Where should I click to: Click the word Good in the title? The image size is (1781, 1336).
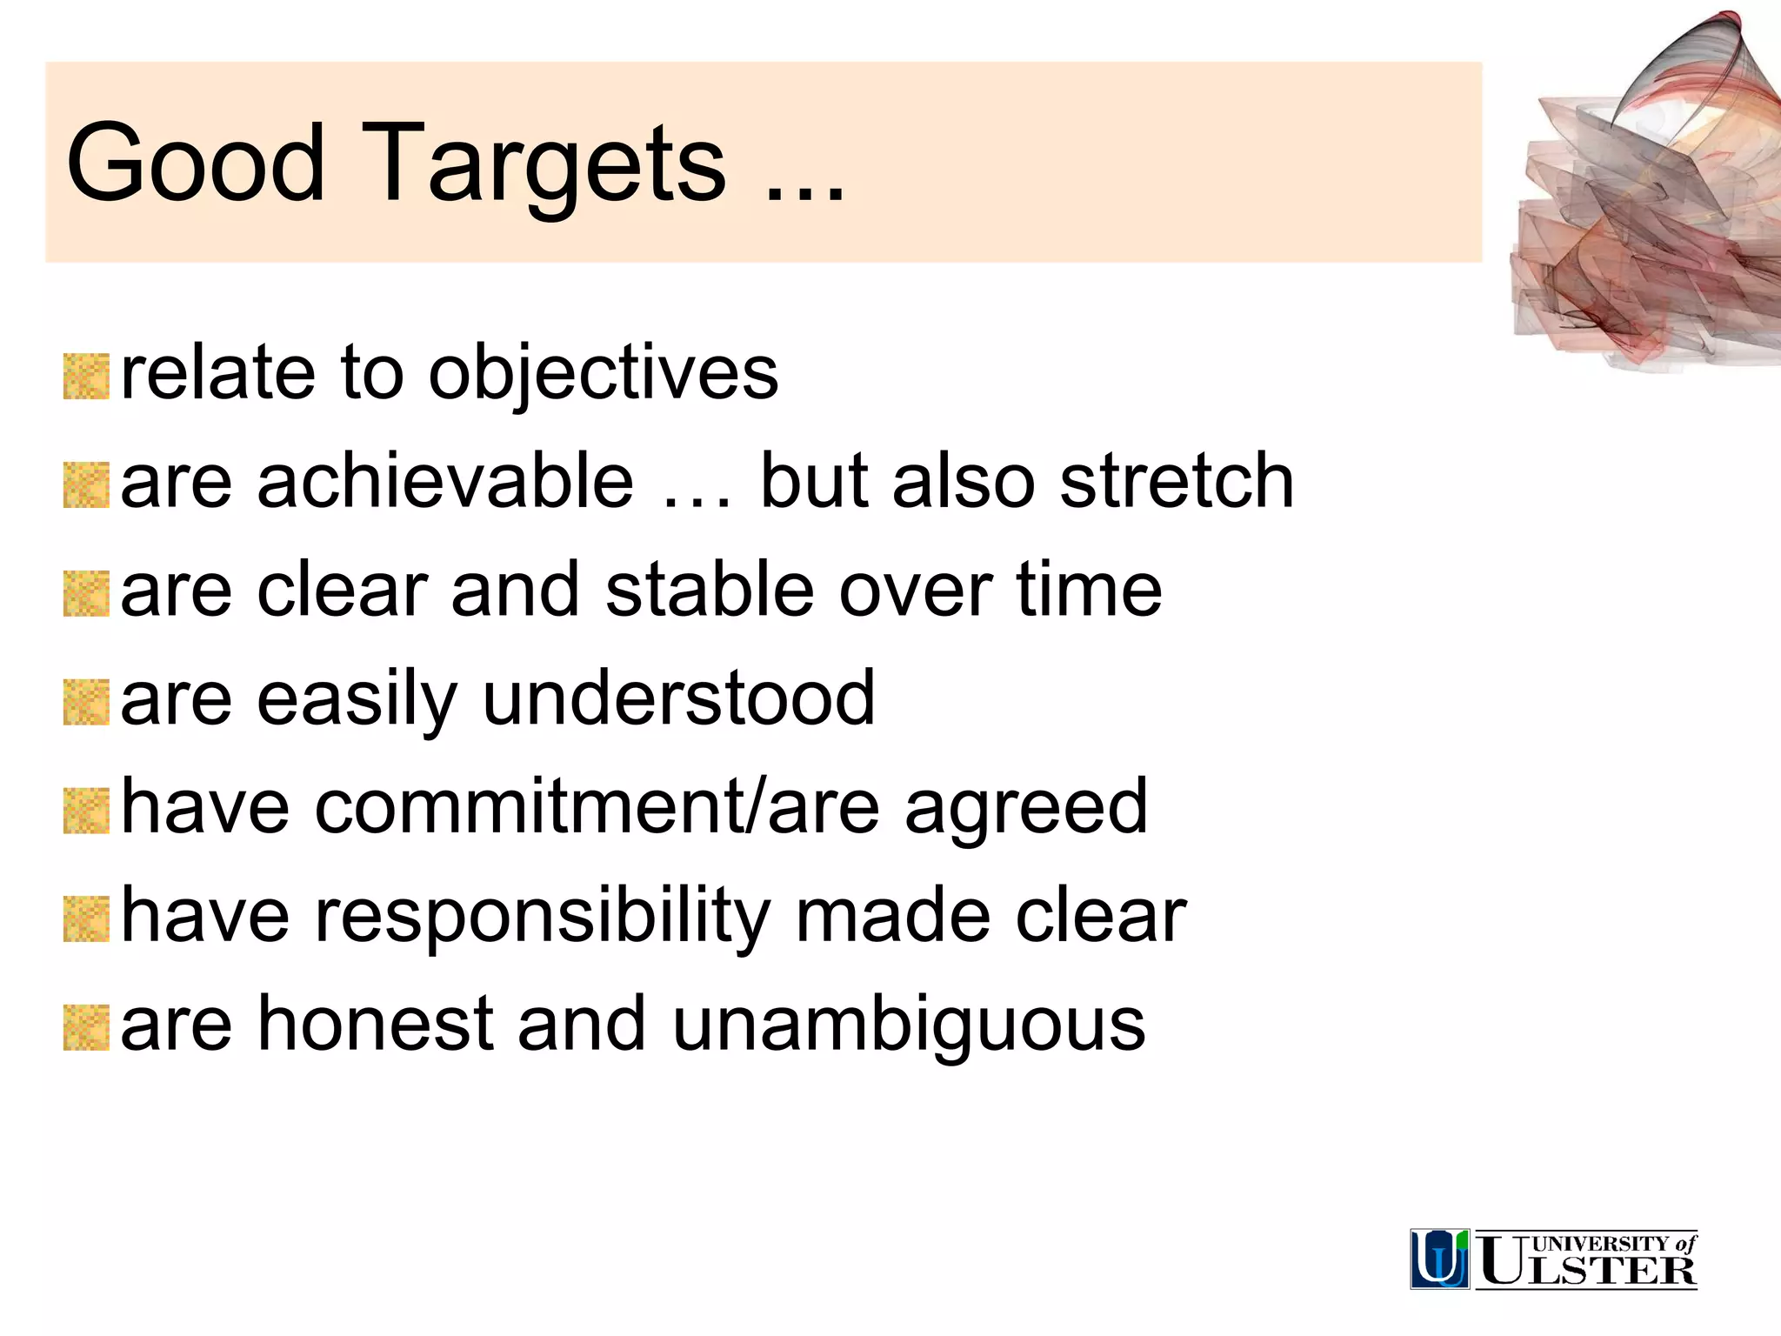(195, 163)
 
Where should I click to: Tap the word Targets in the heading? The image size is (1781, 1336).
(543, 165)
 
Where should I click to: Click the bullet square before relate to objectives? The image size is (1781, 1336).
(86, 377)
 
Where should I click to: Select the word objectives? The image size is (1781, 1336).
(603, 374)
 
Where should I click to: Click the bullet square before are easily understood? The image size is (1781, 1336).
(86, 703)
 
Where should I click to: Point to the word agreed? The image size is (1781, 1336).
(1025, 807)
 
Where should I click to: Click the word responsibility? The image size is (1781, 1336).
(543, 916)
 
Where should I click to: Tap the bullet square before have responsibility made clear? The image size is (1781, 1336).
(86, 919)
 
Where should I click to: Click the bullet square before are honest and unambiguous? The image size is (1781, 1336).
(86, 1027)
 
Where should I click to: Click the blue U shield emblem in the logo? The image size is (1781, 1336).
(1439, 1259)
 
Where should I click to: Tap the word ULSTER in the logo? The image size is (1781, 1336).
(1588, 1271)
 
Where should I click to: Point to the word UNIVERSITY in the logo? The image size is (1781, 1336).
(1600, 1244)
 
